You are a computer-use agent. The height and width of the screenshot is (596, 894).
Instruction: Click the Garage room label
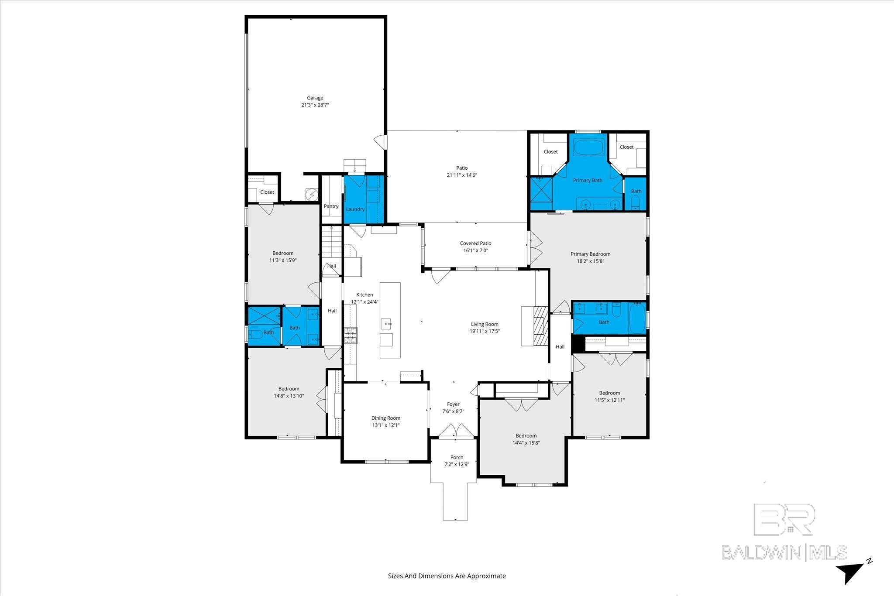(315, 98)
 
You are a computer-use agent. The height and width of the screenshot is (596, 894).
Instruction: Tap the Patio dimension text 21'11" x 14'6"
(462, 175)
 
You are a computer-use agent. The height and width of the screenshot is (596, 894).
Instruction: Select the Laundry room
(355, 205)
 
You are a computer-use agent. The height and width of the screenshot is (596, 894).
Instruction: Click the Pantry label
(331, 206)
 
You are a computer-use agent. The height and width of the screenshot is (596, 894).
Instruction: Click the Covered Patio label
(475, 243)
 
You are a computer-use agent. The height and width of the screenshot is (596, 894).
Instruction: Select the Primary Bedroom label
(590, 254)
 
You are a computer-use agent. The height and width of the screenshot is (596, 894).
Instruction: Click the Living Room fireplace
(540, 326)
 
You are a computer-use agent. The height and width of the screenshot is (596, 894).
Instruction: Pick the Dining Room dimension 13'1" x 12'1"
(385, 425)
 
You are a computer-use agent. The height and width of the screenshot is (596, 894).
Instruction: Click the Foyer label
(453, 404)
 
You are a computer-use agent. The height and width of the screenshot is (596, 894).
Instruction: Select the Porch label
(457, 457)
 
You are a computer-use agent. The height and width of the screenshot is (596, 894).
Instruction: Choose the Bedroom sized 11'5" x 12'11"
(609, 396)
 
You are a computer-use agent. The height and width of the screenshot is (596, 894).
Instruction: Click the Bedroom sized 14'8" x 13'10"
(289, 392)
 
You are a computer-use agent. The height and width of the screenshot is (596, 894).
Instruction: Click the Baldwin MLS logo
(784, 532)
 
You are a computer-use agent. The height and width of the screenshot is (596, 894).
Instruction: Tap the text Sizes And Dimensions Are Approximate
(447, 576)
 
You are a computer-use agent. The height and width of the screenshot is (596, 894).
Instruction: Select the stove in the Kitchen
(351, 336)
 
